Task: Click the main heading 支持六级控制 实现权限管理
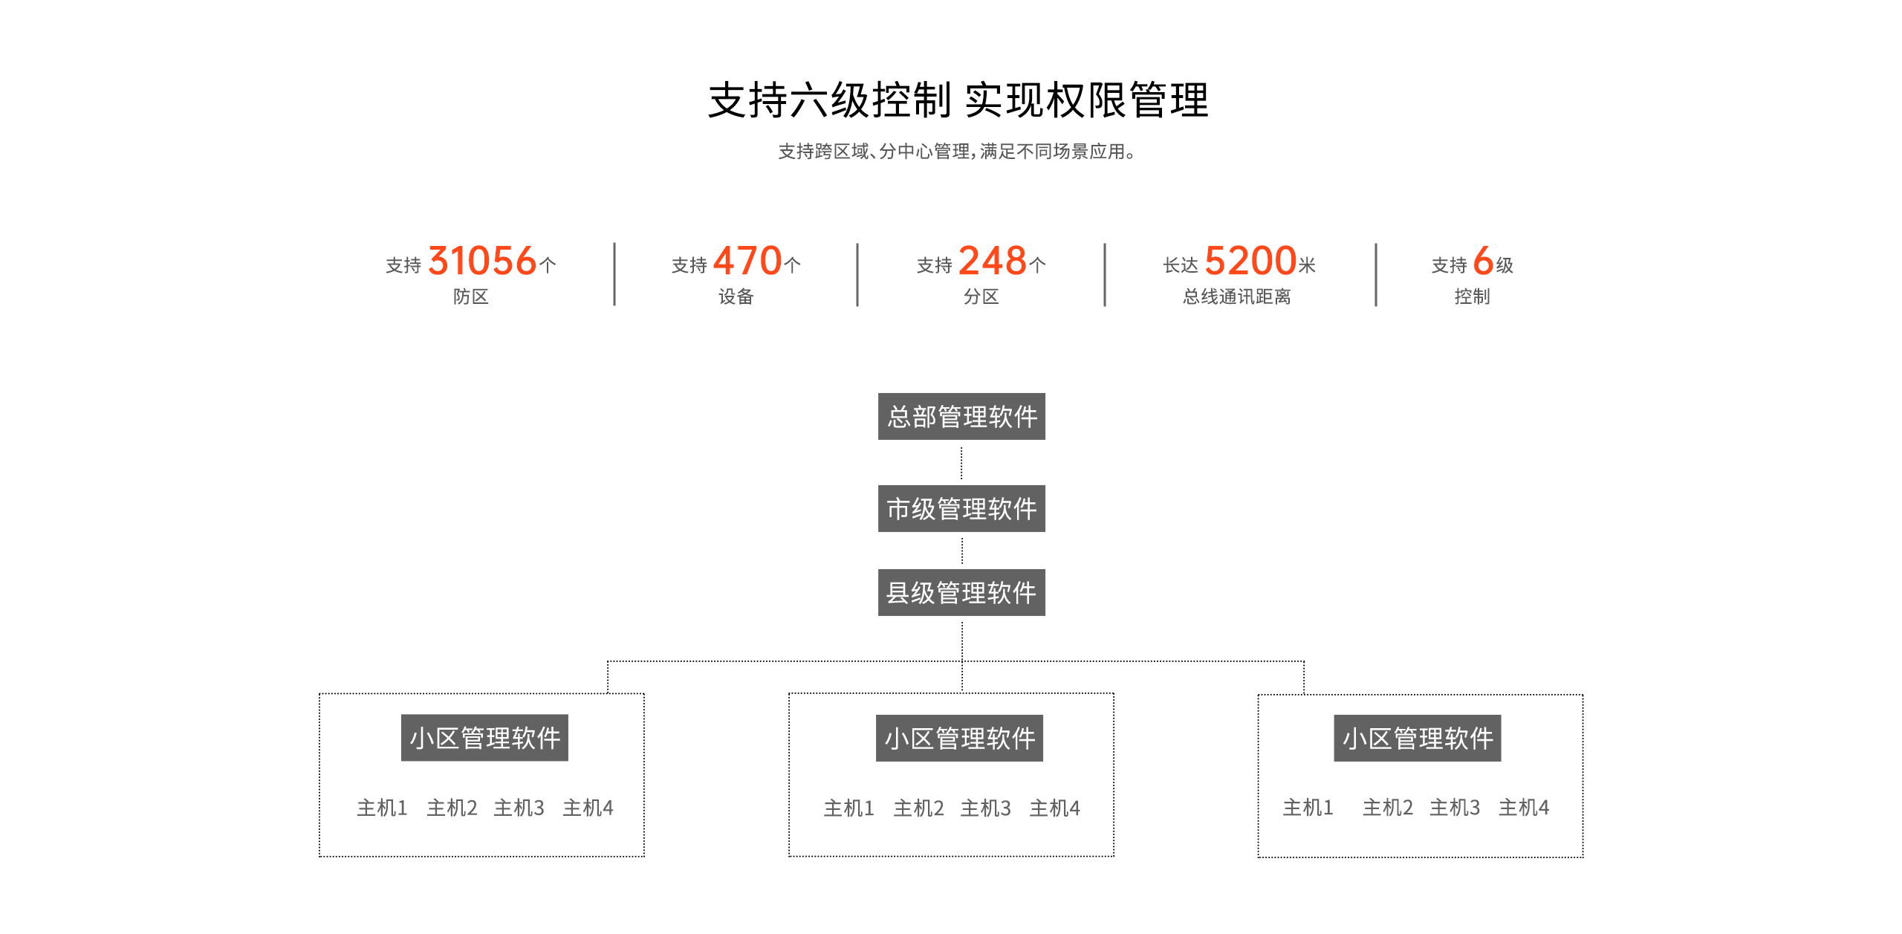click(958, 100)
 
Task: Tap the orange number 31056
click(482, 261)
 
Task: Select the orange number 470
click(747, 261)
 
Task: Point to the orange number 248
click(993, 261)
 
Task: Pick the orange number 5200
click(1250, 261)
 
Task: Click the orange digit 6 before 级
click(1483, 261)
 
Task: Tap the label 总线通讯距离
click(1237, 296)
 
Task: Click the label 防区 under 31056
click(471, 296)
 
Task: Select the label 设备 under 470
click(736, 296)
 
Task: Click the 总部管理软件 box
click(961, 416)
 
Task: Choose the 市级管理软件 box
click(961, 508)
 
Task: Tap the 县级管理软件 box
click(961, 592)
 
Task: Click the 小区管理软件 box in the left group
click(484, 738)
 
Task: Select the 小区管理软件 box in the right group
click(1418, 738)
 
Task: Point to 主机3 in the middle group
click(985, 808)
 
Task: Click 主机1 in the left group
click(382, 808)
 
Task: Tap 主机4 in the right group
click(1524, 807)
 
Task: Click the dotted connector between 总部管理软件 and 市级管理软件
click(961, 463)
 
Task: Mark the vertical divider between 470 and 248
click(857, 275)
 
